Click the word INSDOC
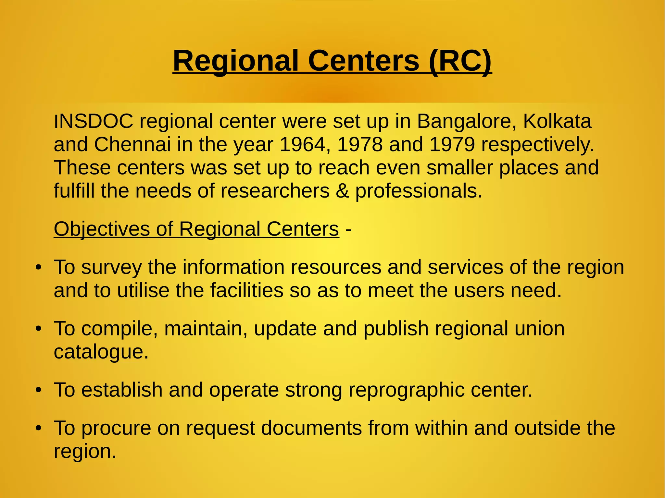[x=94, y=121]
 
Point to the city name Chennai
[x=132, y=144]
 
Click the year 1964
[x=302, y=144]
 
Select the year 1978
[x=360, y=144]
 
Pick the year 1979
[x=452, y=144]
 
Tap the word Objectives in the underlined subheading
[x=102, y=229]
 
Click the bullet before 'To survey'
[x=39, y=268]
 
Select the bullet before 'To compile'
[x=39, y=329]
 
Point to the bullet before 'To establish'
[x=39, y=391]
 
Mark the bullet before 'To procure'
[x=39, y=429]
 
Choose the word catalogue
[x=101, y=352]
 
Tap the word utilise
[x=143, y=290]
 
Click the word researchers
[x=275, y=191]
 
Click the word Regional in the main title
[x=236, y=61]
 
